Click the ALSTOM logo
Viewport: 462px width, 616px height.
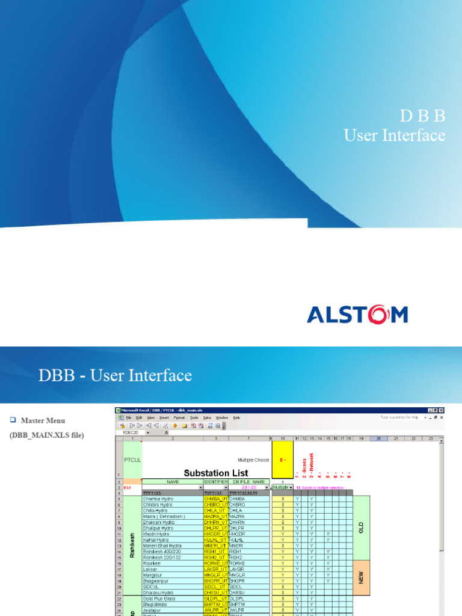coord(357,315)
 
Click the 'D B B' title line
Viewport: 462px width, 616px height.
coord(422,116)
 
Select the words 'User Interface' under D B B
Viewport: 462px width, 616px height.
coord(395,135)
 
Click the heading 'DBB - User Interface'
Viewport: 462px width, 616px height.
coord(115,376)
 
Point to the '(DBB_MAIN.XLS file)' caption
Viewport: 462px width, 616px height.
coord(46,435)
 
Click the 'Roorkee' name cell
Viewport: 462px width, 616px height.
coord(152,563)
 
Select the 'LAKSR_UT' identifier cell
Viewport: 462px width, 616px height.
coord(215,569)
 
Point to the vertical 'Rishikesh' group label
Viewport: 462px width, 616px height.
coord(132,545)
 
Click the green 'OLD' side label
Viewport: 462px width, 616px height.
coord(362,528)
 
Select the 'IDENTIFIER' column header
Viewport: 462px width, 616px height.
coord(215,481)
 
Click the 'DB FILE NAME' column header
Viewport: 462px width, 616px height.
coord(249,481)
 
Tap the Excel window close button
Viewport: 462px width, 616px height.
coord(442,410)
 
